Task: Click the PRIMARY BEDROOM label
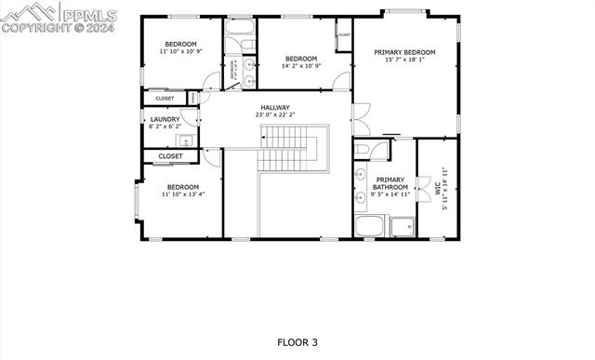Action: pos(405,52)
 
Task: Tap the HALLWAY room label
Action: pos(274,107)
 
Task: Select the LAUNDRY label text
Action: pos(165,119)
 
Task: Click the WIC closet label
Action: pos(434,187)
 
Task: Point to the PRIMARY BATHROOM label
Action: pos(390,183)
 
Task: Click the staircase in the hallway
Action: pos(288,149)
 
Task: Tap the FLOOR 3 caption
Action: pos(297,342)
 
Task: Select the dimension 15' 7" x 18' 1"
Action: pos(404,60)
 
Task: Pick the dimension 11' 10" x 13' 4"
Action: pos(183,194)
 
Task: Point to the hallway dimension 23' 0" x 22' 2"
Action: pos(274,115)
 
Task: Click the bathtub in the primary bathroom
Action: pos(369,226)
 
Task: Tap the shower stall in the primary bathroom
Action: pos(403,226)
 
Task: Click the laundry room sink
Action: pos(186,140)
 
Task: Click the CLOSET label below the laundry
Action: pos(170,156)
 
